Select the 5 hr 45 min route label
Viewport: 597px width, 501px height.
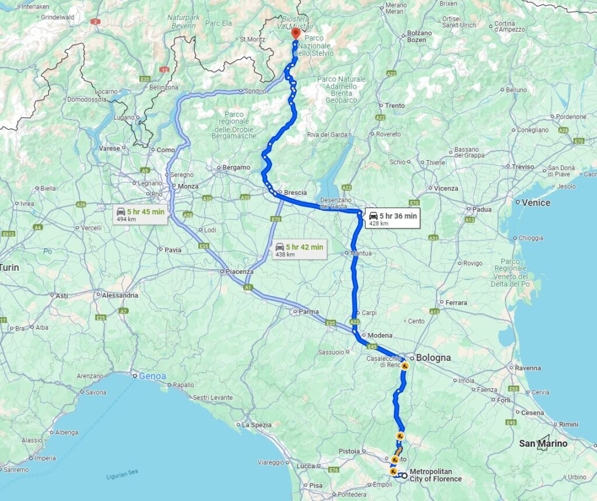point(141,214)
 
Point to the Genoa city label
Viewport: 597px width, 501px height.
point(152,376)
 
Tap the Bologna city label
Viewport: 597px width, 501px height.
point(433,357)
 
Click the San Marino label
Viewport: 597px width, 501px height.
point(543,443)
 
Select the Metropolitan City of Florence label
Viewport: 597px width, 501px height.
point(435,475)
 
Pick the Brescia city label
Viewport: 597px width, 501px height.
point(295,192)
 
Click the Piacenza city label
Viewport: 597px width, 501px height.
point(240,272)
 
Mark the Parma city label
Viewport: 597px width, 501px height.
point(308,312)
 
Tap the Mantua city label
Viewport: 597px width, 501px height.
point(361,253)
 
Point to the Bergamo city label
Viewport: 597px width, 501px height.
point(236,168)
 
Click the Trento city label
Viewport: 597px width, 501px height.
point(395,106)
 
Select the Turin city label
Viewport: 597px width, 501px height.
point(10,267)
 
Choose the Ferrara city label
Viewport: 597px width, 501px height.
point(456,302)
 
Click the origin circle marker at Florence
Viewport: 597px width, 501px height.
point(404,475)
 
